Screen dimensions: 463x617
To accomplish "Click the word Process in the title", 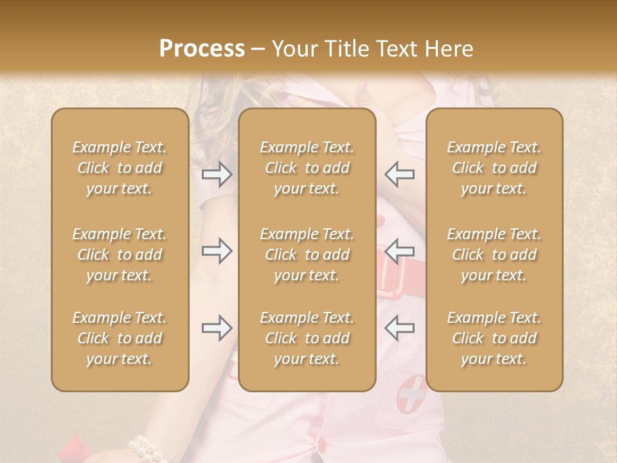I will click(x=202, y=48).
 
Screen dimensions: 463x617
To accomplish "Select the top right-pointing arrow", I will click(x=217, y=174).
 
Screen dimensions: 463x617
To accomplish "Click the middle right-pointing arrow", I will click(x=217, y=251).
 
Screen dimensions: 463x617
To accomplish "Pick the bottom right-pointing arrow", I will click(x=217, y=328).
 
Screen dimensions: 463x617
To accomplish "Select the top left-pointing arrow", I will click(x=399, y=174).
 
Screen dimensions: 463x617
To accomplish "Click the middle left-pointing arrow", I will click(x=399, y=251).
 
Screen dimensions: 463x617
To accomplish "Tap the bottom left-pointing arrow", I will click(x=399, y=328).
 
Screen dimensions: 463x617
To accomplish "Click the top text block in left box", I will click(x=120, y=168).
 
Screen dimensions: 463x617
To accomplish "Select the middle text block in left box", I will click(x=120, y=255).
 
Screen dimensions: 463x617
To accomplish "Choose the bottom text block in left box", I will click(x=120, y=338).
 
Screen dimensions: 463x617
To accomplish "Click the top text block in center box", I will click(x=307, y=168).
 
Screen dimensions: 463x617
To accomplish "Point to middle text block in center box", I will click(x=307, y=255).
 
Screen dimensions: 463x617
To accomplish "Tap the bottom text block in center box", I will click(x=307, y=338).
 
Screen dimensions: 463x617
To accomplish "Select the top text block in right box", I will click(x=494, y=168).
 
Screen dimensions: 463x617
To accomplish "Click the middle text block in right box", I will click(x=494, y=255).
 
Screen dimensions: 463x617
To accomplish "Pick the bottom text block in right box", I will click(x=494, y=338).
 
